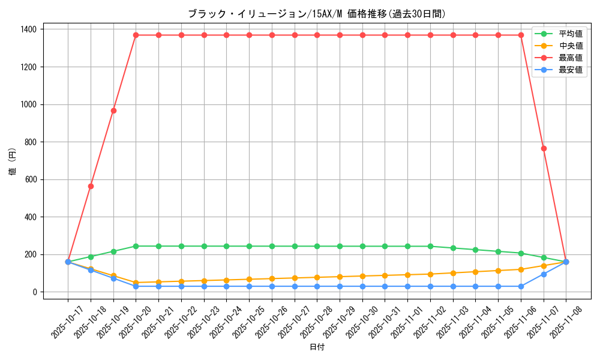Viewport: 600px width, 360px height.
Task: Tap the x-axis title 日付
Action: click(x=317, y=347)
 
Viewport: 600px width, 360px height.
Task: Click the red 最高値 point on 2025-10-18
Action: click(x=91, y=186)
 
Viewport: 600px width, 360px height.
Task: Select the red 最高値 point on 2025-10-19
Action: click(x=113, y=110)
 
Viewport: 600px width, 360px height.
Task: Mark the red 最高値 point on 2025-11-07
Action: click(x=544, y=148)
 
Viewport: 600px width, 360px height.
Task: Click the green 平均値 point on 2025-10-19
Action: click(x=113, y=251)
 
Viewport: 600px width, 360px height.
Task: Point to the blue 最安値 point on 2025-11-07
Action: click(x=544, y=274)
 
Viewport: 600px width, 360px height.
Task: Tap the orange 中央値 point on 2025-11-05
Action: click(x=498, y=271)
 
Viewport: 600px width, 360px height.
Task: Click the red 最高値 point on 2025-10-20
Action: click(x=136, y=35)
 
